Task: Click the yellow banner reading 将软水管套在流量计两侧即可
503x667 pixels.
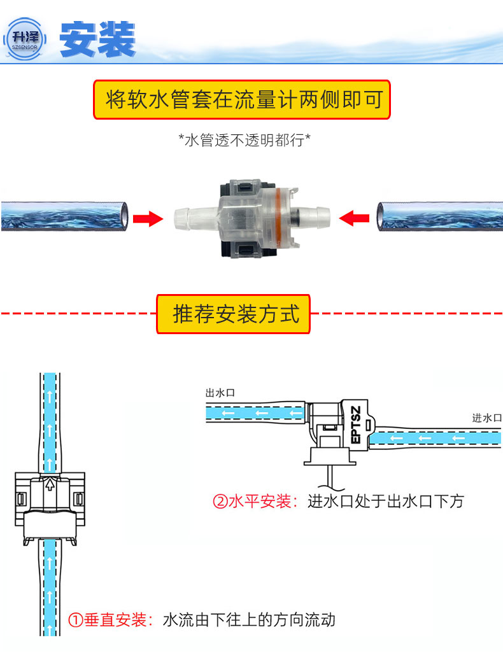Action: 241,100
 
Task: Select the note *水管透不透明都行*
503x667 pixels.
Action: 244,140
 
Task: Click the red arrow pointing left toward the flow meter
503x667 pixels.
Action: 354,219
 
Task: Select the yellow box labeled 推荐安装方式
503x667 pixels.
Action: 233,314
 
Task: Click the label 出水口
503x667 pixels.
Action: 220,393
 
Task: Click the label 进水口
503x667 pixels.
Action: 486,418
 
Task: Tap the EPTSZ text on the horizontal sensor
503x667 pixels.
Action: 355,425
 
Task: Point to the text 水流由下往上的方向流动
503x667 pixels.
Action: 249,620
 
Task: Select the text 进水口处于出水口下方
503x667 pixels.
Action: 386,502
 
